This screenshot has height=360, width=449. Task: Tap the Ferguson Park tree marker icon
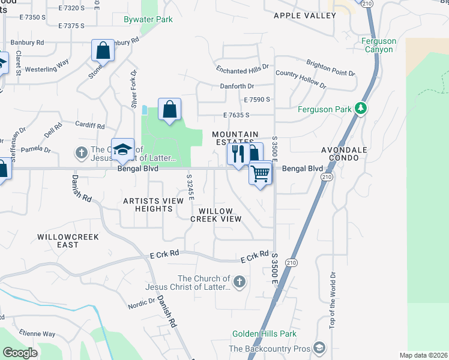[x=361, y=109]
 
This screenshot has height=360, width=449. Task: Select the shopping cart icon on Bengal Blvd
[x=261, y=174]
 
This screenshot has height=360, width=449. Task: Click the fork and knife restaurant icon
[x=238, y=154]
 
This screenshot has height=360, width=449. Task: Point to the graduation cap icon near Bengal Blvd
[x=122, y=149]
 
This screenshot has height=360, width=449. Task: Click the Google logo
[x=20, y=353]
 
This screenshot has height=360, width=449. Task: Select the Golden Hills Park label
[x=265, y=334]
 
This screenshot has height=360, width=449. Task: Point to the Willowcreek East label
[x=66, y=241]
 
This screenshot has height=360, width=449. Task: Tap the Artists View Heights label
[x=148, y=205]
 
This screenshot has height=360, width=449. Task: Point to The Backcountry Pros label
[x=269, y=349]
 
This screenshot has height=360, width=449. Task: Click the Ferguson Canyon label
[x=379, y=45]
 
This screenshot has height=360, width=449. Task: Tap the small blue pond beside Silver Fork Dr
[x=145, y=110]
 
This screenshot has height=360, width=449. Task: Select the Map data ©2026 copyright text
[x=423, y=355]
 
